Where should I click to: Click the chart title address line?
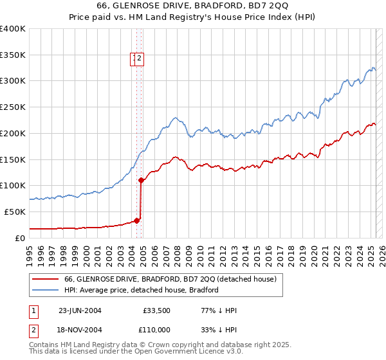point(193,6)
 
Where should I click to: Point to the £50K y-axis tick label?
point(15,212)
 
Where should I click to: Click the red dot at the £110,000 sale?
point(141,180)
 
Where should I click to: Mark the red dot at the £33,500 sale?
point(137,220)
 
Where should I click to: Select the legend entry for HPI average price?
point(142,290)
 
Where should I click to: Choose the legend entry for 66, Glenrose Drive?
point(170,279)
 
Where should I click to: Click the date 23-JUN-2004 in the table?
point(80,310)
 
